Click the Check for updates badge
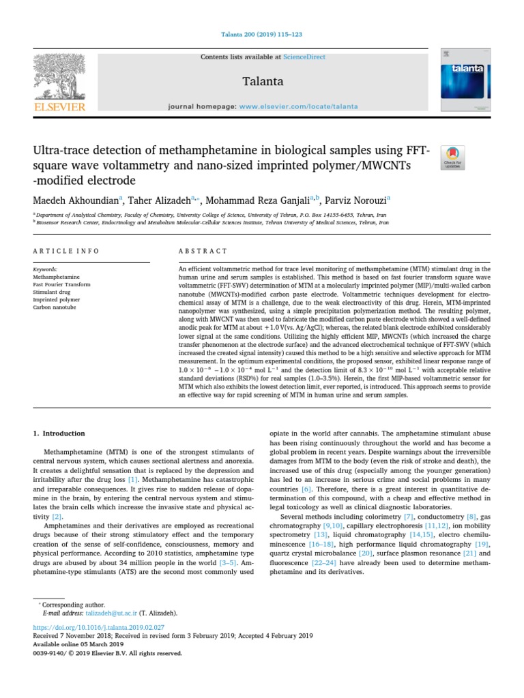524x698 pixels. pos(453,157)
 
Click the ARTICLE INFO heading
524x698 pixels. pos(67,251)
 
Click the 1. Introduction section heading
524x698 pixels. pos(59,434)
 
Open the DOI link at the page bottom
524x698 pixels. pos(100,627)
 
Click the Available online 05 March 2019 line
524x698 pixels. pos(78,644)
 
